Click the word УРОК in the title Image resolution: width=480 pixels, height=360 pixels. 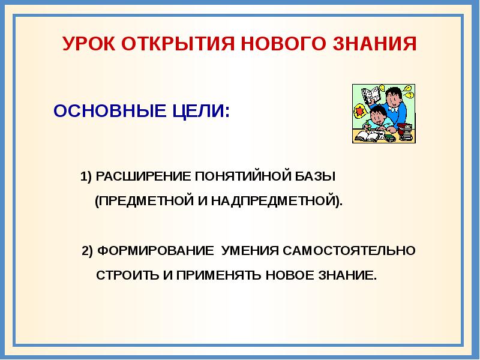(88, 44)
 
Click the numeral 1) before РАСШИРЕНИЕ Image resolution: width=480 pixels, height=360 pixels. (85, 177)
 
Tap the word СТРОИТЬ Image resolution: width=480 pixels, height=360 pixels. (127, 276)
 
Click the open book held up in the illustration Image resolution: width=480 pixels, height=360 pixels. (371, 95)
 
